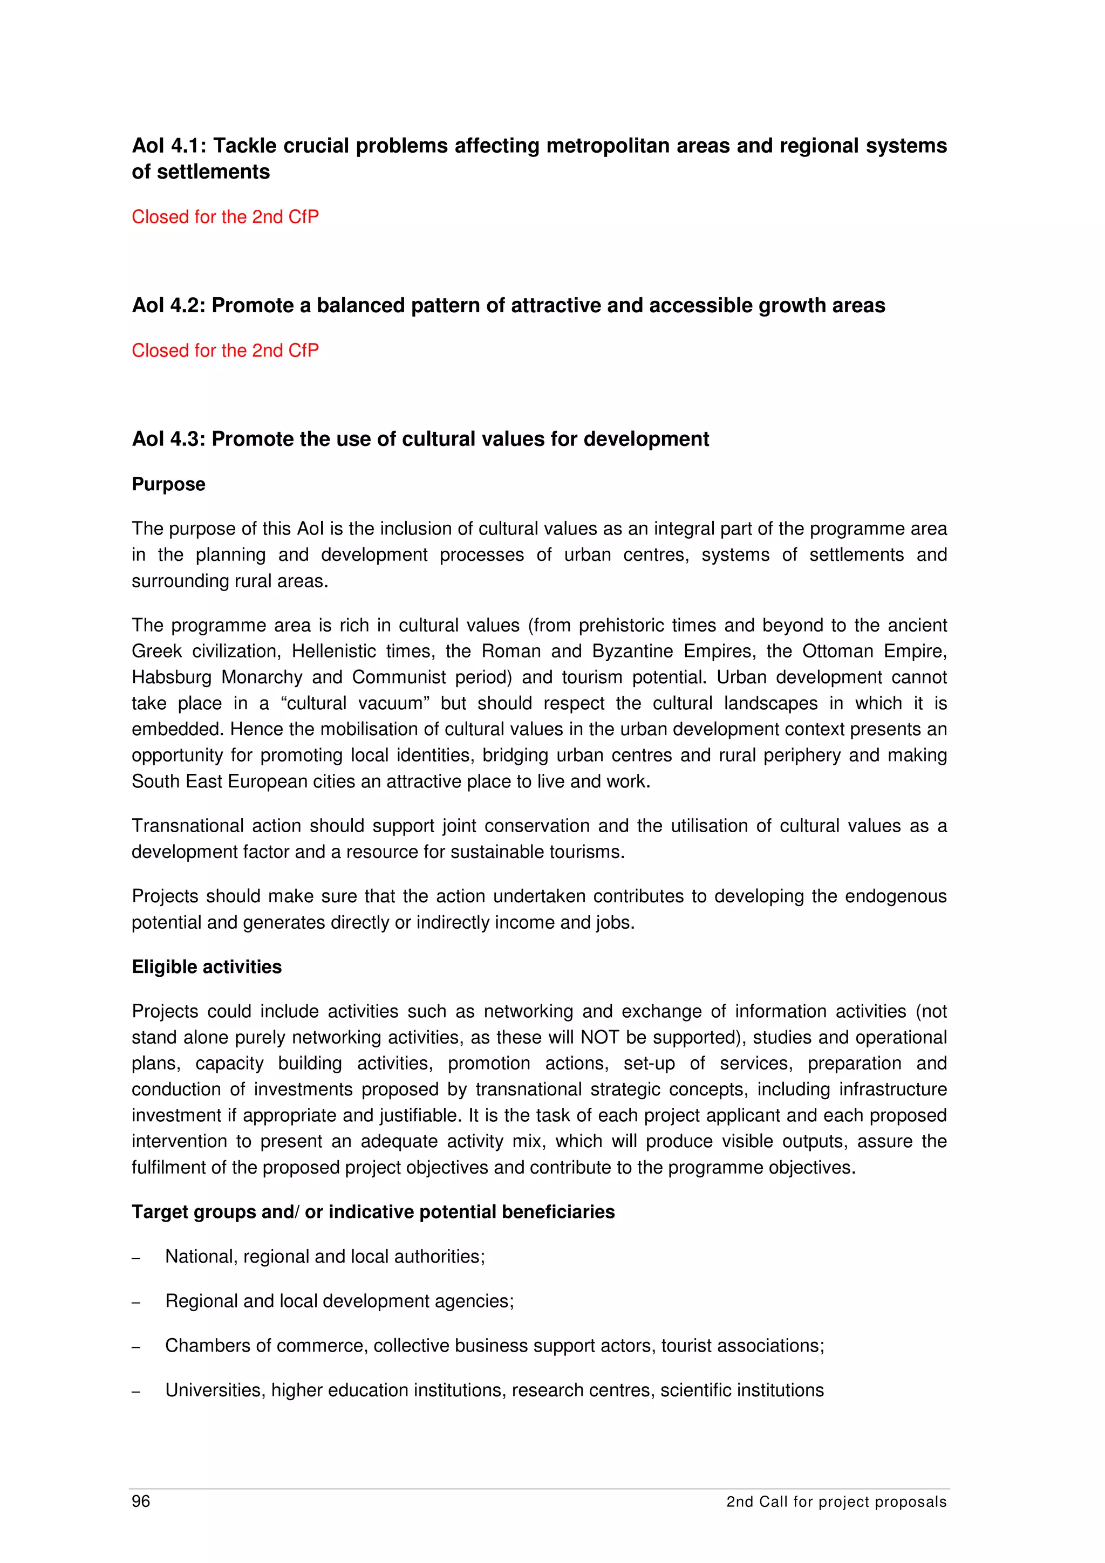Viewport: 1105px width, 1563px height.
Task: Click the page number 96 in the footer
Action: pos(141,1501)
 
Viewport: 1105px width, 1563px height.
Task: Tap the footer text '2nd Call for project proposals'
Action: pos(836,1502)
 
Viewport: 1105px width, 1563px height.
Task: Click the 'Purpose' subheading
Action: pos(168,484)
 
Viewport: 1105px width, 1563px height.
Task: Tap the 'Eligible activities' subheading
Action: pos(206,966)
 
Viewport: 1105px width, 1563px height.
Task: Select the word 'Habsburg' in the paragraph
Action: pos(172,677)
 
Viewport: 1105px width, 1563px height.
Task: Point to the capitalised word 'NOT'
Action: pos(600,1038)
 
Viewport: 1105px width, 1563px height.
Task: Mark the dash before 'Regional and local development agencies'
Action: pos(136,1303)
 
